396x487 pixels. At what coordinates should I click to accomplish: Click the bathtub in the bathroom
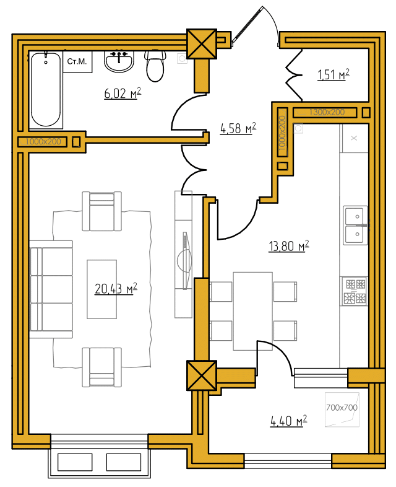pyautogui.click(x=46, y=90)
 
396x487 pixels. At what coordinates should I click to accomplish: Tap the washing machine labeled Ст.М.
pyautogui.click(x=77, y=61)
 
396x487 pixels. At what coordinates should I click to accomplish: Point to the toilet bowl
pyautogui.click(x=155, y=66)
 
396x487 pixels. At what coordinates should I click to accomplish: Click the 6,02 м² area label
pyautogui.click(x=123, y=93)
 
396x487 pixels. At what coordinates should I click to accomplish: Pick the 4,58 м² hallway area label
pyautogui.click(x=238, y=128)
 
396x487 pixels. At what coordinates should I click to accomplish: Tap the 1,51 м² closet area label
pyautogui.click(x=334, y=74)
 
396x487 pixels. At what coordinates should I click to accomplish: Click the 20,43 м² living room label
pyautogui.click(x=116, y=289)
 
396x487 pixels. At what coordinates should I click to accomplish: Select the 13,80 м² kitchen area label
pyautogui.click(x=289, y=246)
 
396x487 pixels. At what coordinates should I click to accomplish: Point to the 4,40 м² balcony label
pyautogui.click(x=289, y=421)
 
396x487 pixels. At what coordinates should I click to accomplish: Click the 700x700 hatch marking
pyautogui.click(x=342, y=408)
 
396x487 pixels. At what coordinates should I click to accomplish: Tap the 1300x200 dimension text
pyautogui.click(x=327, y=112)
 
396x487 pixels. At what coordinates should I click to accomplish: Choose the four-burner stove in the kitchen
pyautogui.click(x=355, y=291)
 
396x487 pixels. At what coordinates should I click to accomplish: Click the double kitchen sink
pyautogui.click(x=356, y=225)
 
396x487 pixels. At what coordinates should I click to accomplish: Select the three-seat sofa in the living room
pyautogui.click(x=51, y=289)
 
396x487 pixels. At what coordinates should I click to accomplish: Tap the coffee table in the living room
pyautogui.click(x=101, y=289)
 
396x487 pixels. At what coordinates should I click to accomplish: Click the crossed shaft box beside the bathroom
pyautogui.click(x=202, y=44)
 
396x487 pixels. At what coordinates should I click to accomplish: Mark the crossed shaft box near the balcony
pyautogui.click(x=202, y=375)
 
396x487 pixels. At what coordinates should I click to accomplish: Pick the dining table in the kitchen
pyautogui.click(x=252, y=311)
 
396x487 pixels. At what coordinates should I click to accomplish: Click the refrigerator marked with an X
pyautogui.click(x=354, y=138)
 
